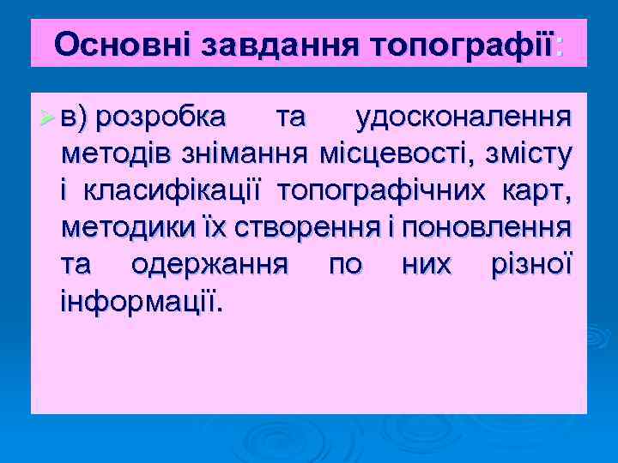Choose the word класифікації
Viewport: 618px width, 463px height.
tap(173, 191)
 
